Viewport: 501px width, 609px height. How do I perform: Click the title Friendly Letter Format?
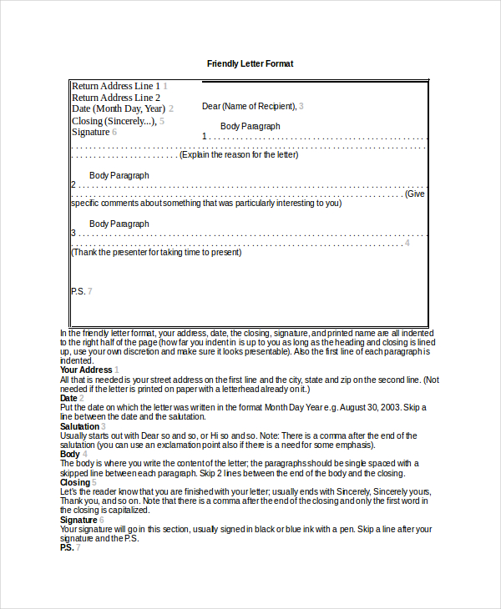coord(250,63)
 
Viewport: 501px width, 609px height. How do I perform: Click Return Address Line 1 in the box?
coord(115,86)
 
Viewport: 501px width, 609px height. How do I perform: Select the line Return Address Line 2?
coord(115,98)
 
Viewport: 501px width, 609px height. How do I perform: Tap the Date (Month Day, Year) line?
coord(119,108)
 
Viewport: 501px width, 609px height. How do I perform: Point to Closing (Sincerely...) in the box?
coord(114,121)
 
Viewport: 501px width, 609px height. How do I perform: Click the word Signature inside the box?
coord(90,132)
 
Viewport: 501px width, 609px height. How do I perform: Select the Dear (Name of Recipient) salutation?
coord(249,106)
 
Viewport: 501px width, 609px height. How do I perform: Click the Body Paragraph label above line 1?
coord(250,126)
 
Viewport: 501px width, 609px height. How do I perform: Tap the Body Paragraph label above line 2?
coord(119,175)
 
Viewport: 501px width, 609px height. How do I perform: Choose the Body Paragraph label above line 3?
coord(119,224)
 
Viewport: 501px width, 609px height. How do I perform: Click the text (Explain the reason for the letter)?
coord(239,154)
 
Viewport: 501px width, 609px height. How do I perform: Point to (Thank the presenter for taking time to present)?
coord(156,252)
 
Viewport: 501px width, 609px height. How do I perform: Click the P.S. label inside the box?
coord(78,291)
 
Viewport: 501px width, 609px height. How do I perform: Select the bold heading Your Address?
coord(85,370)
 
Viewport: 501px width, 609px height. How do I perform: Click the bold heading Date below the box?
coord(68,398)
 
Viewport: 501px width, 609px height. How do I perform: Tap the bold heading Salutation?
coord(79,426)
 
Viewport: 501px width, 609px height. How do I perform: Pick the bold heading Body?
coord(69,454)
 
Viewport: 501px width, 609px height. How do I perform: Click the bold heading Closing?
coord(74,482)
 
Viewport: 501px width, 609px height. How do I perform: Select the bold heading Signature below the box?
coord(78,520)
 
